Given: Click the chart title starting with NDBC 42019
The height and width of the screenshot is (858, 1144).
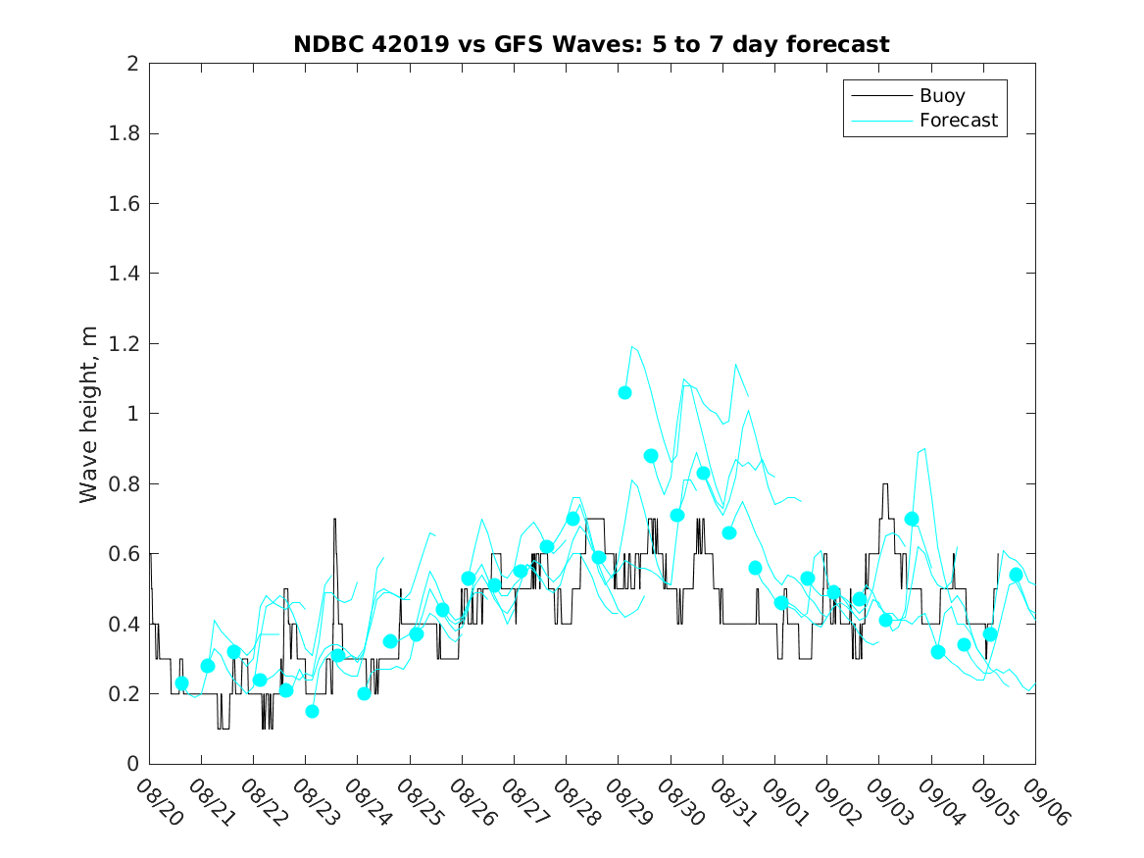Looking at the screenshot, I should [x=591, y=45].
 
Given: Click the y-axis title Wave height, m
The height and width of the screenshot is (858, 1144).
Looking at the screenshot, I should [x=89, y=414].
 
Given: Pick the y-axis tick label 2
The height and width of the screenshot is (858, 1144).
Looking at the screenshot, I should [x=131, y=64].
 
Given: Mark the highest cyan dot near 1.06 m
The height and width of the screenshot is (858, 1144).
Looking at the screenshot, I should [x=624, y=392].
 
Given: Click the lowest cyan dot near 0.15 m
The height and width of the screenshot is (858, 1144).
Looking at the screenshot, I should [x=312, y=711].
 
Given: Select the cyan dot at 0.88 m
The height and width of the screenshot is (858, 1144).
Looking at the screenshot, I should [x=651, y=456].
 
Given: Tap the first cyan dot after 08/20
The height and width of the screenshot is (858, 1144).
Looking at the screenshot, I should [x=181, y=683].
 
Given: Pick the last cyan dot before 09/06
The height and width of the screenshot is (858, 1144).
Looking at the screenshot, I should [x=1016, y=575].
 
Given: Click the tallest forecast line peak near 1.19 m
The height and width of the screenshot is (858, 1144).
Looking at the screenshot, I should [x=632, y=346].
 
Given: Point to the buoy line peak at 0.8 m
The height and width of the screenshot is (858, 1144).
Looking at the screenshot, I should [x=885, y=484].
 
